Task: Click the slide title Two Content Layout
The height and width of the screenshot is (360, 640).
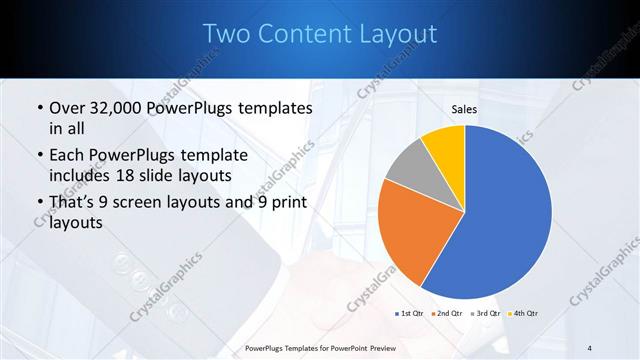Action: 320,34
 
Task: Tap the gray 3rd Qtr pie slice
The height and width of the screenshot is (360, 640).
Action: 407,166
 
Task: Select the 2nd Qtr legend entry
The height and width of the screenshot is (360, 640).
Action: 445,313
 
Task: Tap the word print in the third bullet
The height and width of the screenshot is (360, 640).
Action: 285,203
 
